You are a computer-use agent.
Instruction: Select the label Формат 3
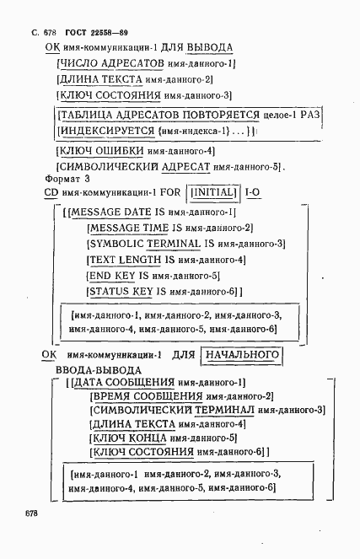[x=67, y=179]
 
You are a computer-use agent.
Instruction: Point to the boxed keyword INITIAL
[x=216, y=193]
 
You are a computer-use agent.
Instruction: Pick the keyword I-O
[x=253, y=193]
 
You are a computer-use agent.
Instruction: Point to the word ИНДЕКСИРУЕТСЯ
[x=106, y=132]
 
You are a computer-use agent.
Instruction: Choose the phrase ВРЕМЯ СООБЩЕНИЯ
[x=137, y=396]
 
